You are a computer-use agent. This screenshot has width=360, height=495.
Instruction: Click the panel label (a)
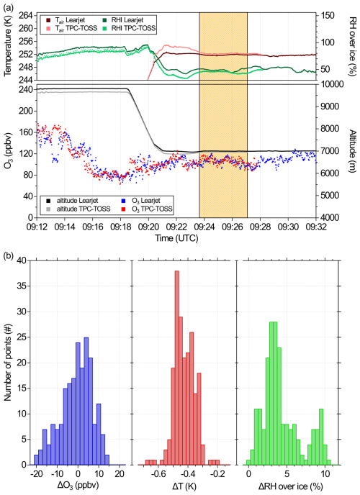click(x=9, y=6)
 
